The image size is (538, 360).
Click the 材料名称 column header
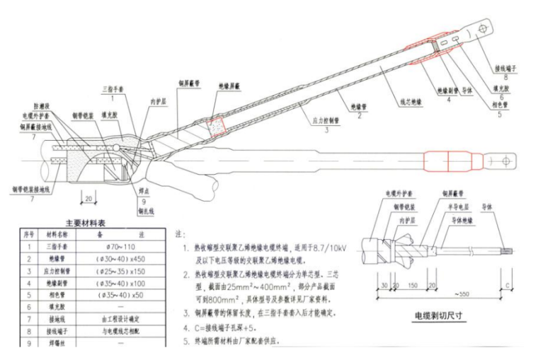(x=62, y=234)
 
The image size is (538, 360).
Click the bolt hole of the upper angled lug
(x=484, y=30)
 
